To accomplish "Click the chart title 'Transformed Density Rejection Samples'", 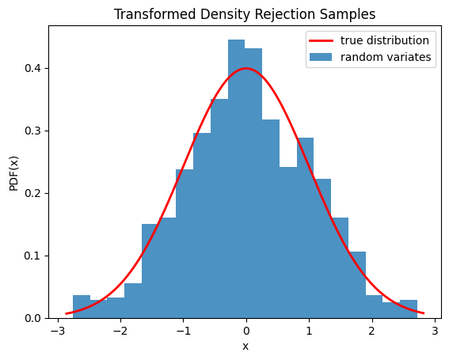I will (x=245, y=14).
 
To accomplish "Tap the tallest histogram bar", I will (x=236, y=179).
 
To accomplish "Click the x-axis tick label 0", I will (x=246, y=330).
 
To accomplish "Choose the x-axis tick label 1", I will (x=309, y=330).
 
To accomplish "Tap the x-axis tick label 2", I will (x=372, y=330).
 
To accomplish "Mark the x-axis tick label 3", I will (x=435, y=330).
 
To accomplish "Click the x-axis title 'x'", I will (x=245, y=347).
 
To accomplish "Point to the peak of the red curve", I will (x=246, y=68).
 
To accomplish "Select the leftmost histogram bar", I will (x=82, y=307).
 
